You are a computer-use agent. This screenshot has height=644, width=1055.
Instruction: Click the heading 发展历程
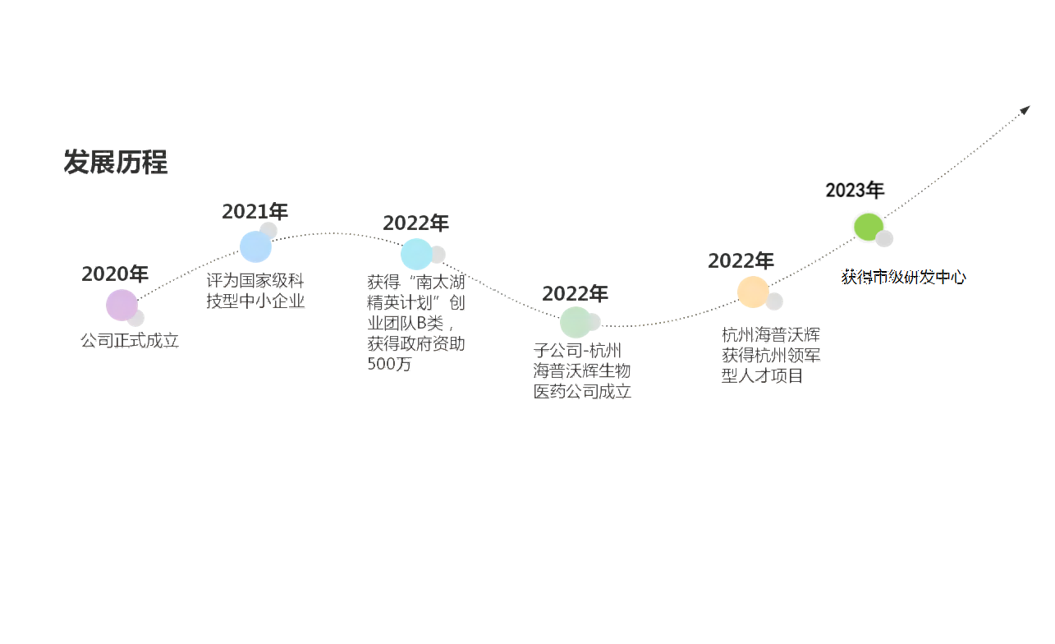pos(116,163)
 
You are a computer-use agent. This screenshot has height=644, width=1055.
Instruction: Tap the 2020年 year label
pos(115,274)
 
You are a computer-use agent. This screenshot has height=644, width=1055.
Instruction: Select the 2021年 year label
pos(255,212)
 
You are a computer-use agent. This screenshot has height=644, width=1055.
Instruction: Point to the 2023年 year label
pos(855,190)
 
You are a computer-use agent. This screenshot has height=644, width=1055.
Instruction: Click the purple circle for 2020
pos(122,306)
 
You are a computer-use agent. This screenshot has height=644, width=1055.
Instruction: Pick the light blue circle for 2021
pos(255,246)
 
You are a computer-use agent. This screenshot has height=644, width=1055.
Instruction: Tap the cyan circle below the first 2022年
pos(416,255)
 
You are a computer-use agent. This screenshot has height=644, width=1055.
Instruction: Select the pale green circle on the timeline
pos(576,322)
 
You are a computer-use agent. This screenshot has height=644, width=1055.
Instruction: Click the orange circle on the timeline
pos(752,292)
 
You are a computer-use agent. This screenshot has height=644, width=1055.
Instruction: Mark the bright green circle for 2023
pos(867,227)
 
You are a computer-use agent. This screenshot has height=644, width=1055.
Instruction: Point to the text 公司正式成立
pos(129,340)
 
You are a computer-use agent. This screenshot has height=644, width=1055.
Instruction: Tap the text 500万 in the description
pos(389,365)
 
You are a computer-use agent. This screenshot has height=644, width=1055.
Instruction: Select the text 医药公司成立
pos(582,392)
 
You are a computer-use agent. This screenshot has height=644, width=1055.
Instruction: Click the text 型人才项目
pos(761,376)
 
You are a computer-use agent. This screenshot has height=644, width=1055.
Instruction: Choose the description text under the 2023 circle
pos(903,277)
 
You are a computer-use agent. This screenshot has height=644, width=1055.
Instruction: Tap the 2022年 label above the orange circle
pos(741,261)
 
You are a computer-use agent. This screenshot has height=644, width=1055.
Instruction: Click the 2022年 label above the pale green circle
pos(576,293)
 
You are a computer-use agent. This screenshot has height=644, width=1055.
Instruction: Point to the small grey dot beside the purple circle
pos(136,318)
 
